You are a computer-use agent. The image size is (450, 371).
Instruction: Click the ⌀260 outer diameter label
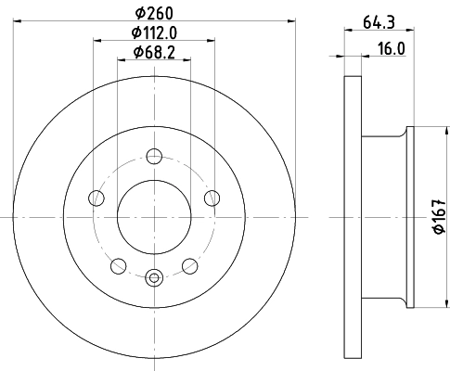[x=154, y=12]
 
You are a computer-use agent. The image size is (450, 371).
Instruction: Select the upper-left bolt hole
[x=96, y=198]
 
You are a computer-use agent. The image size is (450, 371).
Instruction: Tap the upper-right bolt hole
[x=212, y=198]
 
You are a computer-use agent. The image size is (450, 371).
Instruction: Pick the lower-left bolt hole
[x=118, y=266]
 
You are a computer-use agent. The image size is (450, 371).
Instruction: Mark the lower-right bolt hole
[x=190, y=266]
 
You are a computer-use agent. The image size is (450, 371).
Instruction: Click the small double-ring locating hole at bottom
[x=154, y=275]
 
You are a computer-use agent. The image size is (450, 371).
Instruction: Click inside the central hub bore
[x=154, y=217]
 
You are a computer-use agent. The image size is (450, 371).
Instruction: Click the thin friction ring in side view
[x=351, y=217]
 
